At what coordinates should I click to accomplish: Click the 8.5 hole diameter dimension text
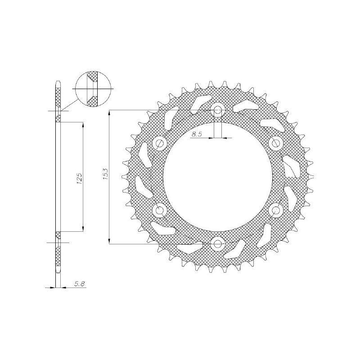(x=197, y=134)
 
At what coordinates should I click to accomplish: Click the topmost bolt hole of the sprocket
(x=218, y=109)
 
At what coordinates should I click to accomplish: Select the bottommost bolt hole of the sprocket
(x=218, y=244)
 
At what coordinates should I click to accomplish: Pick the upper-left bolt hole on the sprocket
(x=160, y=143)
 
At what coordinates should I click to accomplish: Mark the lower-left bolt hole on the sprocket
(x=160, y=210)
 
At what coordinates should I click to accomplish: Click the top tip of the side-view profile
(x=58, y=82)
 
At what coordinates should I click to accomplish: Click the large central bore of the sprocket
(x=218, y=176)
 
